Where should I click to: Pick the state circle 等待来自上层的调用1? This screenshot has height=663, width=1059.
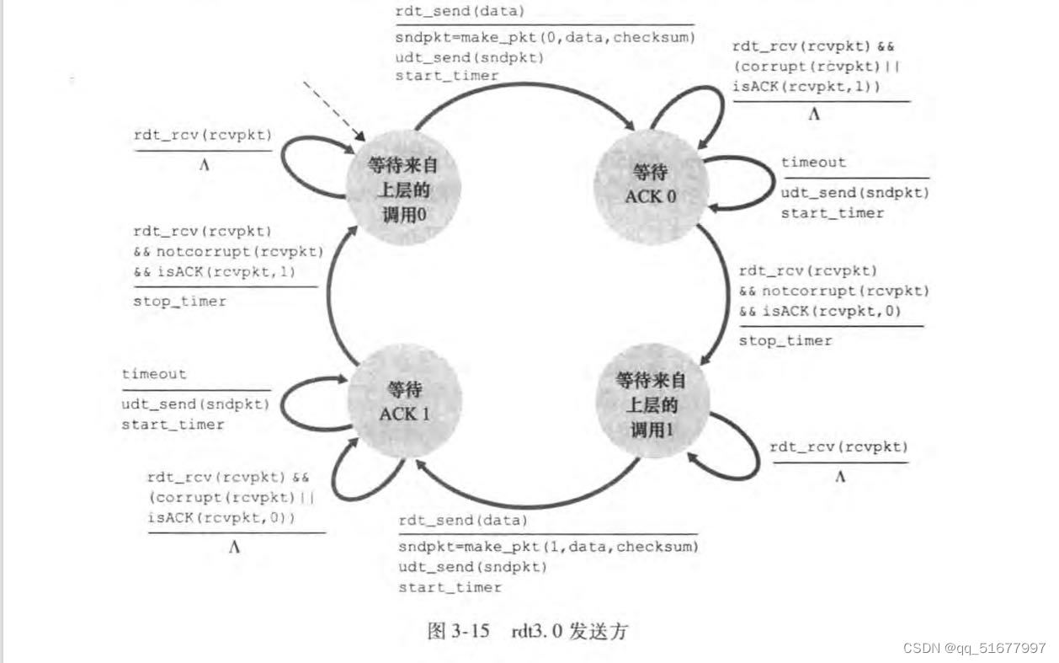click(x=650, y=404)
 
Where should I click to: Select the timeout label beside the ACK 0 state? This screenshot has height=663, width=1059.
click(x=813, y=162)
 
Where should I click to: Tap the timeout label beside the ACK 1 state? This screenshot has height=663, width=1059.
click(x=154, y=374)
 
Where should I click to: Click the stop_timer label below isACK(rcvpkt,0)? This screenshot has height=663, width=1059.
click(x=785, y=340)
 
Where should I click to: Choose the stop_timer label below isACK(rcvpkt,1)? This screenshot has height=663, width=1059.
click(x=179, y=301)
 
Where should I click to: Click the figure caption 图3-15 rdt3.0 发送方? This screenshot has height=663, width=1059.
click(x=529, y=631)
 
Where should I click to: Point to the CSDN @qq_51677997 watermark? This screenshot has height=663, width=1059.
click(x=974, y=649)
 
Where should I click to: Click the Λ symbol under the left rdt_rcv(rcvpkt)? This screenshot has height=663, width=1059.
click(x=204, y=165)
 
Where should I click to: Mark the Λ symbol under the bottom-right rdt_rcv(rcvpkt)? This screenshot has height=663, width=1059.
click(x=839, y=477)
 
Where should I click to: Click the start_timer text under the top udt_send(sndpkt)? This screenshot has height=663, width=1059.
click(x=447, y=77)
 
